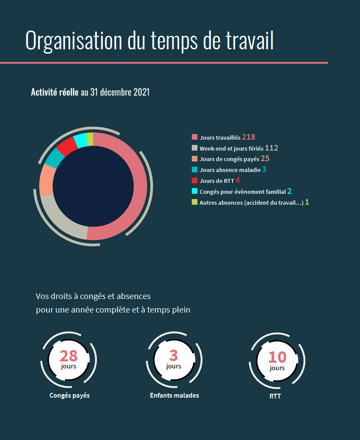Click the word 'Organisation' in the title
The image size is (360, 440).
click(x=74, y=41)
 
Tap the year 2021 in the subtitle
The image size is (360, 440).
click(x=141, y=92)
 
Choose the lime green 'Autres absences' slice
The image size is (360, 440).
click(x=90, y=139)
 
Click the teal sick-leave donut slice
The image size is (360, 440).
click(x=53, y=158)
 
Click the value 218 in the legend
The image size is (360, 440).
click(x=249, y=137)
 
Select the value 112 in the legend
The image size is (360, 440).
click(x=271, y=148)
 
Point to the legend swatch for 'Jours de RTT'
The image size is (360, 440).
click(x=195, y=180)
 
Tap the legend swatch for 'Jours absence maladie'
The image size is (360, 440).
click(x=195, y=169)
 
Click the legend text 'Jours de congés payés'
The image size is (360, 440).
click(x=229, y=159)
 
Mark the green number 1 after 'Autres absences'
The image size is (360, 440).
click(x=307, y=202)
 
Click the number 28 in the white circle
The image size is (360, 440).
click(x=69, y=356)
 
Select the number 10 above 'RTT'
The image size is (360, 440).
click(x=277, y=357)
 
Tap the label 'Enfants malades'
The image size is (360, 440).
click(x=174, y=395)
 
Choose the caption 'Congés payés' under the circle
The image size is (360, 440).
click(x=69, y=395)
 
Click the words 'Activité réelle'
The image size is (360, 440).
click(x=55, y=92)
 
